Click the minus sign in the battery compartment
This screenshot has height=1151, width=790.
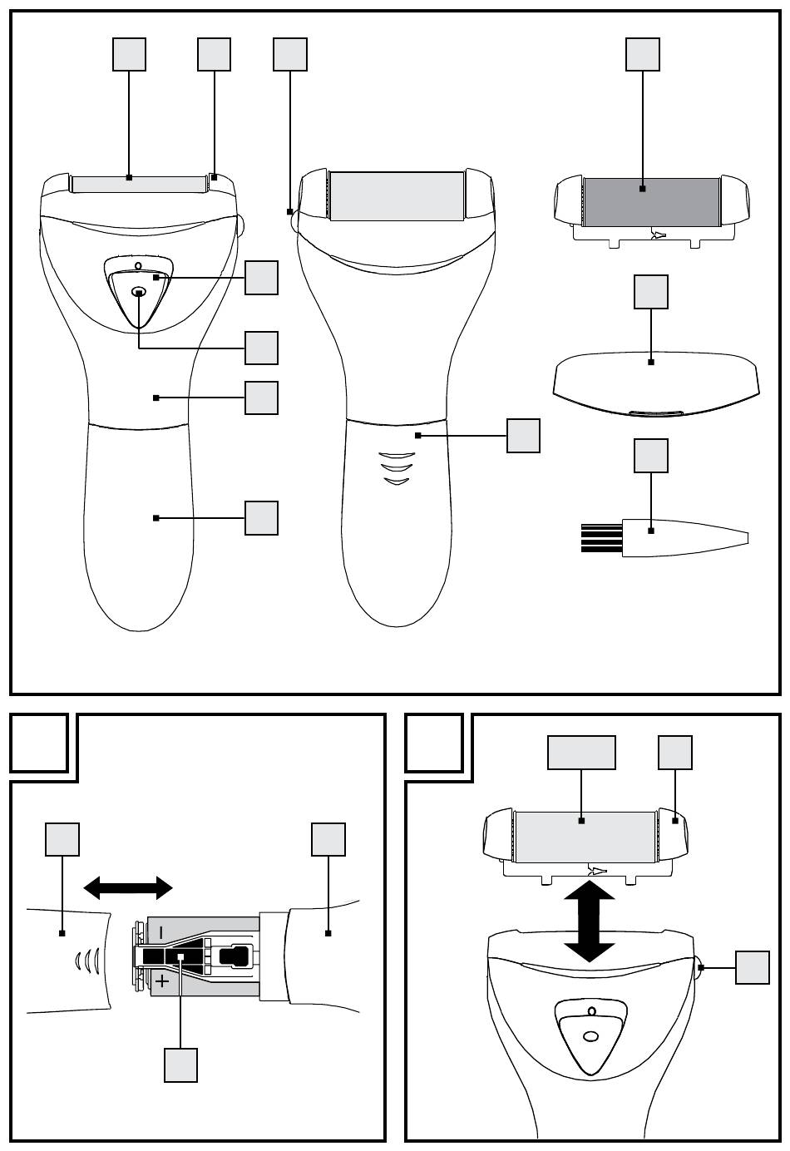click(161, 930)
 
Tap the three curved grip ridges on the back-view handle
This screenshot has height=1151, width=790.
click(396, 467)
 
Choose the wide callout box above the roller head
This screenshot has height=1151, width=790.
click(581, 753)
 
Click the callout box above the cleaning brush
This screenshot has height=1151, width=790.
click(651, 456)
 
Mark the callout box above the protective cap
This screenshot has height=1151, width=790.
click(651, 292)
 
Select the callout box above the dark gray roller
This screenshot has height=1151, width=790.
click(643, 55)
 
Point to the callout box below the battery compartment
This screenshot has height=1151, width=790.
click(180, 1065)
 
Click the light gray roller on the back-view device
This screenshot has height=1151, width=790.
click(397, 196)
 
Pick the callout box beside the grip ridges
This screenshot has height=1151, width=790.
click(523, 436)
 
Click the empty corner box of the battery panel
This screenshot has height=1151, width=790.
click(39, 743)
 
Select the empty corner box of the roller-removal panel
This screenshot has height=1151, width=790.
click(434, 743)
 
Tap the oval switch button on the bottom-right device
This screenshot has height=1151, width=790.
click(591, 1036)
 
